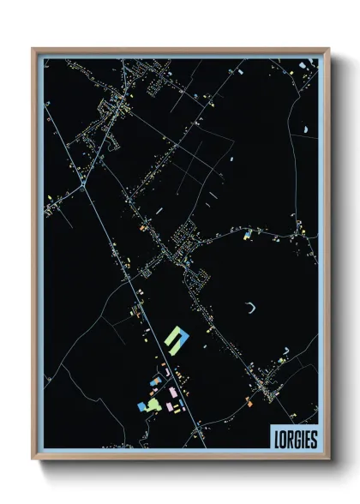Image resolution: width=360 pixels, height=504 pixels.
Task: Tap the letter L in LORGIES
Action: [276, 439]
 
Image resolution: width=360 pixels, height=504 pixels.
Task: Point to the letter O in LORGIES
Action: [283, 439]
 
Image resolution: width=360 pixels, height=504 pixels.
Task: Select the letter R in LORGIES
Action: [290, 439]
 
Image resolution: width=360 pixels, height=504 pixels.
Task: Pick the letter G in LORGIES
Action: [297, 439]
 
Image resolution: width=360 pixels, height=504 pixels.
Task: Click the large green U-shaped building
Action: [177, 337]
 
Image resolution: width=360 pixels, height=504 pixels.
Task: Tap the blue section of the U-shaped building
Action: [173, 347]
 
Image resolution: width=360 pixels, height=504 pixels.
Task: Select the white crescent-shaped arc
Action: [250, 307]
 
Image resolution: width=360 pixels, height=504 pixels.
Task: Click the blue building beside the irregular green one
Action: [141, 405]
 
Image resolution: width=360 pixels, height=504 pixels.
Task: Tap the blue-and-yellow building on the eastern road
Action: [248, 232]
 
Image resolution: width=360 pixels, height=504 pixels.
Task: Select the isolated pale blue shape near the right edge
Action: [305, 129]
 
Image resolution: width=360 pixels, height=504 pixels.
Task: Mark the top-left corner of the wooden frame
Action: [33, 49]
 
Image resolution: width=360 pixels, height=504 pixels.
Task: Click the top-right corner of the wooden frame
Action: [329, 49]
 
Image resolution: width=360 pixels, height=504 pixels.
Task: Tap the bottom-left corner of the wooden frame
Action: [33, 459]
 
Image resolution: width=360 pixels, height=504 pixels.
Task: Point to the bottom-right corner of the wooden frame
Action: [329, 459]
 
